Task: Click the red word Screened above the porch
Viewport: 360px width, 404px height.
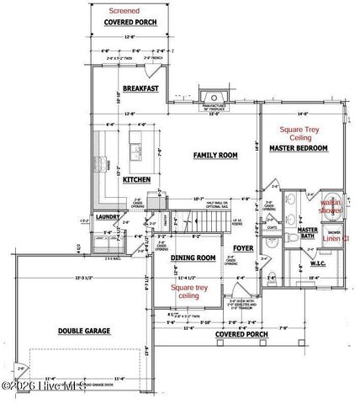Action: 125,11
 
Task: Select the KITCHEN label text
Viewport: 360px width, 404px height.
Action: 137,179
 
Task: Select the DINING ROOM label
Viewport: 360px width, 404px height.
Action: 194,258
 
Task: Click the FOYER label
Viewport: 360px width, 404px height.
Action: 243,248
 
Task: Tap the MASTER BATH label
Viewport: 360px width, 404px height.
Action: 308,233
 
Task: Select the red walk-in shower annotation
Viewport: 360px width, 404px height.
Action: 330,206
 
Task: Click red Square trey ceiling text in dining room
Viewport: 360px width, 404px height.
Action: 188,292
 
